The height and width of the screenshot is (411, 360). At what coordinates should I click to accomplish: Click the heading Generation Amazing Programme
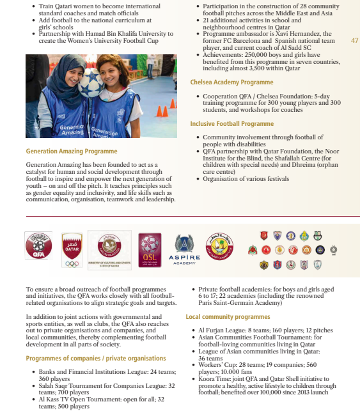point(72,151)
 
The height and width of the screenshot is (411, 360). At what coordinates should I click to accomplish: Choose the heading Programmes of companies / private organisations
point(96,359)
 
